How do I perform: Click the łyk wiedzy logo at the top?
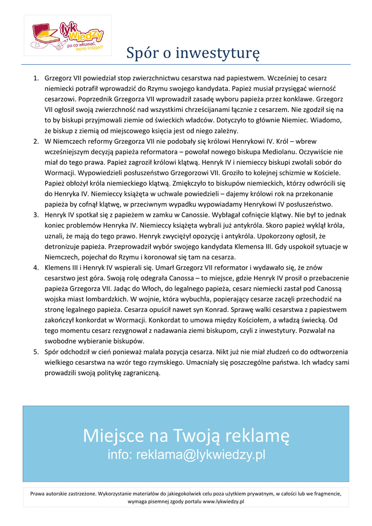(68, 35)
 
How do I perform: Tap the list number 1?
(36, 79)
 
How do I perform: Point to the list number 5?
(36, 352)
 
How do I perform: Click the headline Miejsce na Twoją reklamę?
(186, 437)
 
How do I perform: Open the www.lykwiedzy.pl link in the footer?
(223, 501)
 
